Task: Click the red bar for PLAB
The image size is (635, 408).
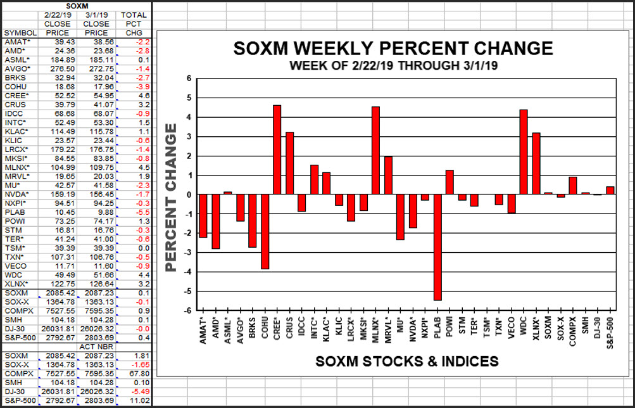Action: (437, 247)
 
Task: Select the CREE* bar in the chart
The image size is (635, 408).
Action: (277, 150)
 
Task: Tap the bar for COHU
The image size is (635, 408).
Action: (265, 232)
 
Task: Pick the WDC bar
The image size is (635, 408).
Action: (524, 152)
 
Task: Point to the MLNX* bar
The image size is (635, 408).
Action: (375, 151)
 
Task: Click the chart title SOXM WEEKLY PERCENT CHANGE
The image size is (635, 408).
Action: (393, 49)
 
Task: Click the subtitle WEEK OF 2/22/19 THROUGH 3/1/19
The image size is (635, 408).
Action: (393, 65)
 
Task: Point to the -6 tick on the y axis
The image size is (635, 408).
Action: (188, 311)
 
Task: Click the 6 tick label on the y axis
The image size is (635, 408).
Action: (188, 79)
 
